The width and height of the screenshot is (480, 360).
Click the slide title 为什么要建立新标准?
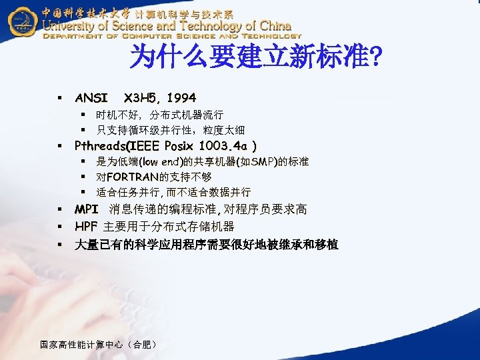point(256,58)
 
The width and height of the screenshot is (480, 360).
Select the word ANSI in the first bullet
point(91,98)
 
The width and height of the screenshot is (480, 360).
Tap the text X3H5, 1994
point(160,98)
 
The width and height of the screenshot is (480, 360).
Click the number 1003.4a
point(224,145)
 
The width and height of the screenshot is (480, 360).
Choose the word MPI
point(87,209)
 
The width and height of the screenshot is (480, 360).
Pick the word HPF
point(87,227)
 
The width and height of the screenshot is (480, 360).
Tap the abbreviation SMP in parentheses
point(247,162)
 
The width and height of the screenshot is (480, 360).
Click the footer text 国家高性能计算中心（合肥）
point(99,345)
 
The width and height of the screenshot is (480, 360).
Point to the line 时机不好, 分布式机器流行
point(159,115)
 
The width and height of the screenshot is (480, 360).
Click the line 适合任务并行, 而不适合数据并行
point(173,193)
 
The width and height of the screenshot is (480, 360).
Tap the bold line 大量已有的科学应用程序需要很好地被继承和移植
point(207,245)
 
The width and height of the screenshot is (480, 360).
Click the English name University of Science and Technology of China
point(167,26)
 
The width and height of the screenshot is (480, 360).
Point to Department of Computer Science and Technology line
point(173,37)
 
